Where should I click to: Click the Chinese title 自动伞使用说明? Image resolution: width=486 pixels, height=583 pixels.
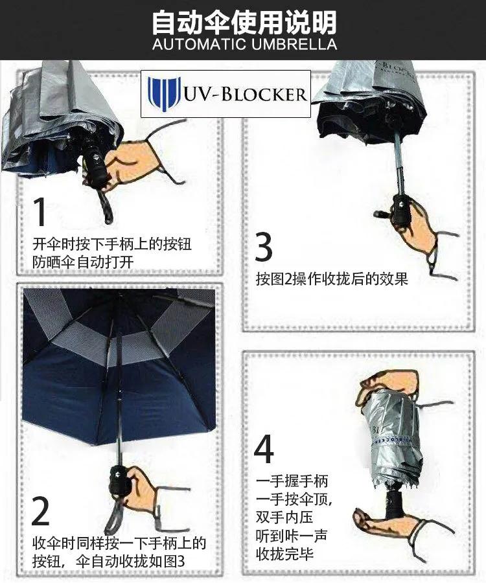[x=244, y=21]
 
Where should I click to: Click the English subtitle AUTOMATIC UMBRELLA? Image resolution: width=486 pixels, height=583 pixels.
[x=244, y=45]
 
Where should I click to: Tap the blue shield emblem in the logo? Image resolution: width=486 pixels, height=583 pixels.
[x=163, y=94]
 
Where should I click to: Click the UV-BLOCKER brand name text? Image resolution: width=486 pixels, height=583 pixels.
[x=245, y=95]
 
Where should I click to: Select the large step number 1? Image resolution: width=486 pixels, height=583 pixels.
[x=41, y=212]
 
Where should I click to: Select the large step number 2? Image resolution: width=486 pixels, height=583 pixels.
[x=40, y=510]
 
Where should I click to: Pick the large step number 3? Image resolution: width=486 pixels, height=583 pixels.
[x=263, y=246]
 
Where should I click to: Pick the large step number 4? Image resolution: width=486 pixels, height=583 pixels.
[x=264, y=448]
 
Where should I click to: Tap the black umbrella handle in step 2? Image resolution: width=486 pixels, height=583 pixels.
[x=120, y=480]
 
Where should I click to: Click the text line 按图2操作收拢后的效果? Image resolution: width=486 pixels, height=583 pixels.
[x=332, y=279]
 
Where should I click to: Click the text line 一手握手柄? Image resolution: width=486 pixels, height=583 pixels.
[x=292, y=481]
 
